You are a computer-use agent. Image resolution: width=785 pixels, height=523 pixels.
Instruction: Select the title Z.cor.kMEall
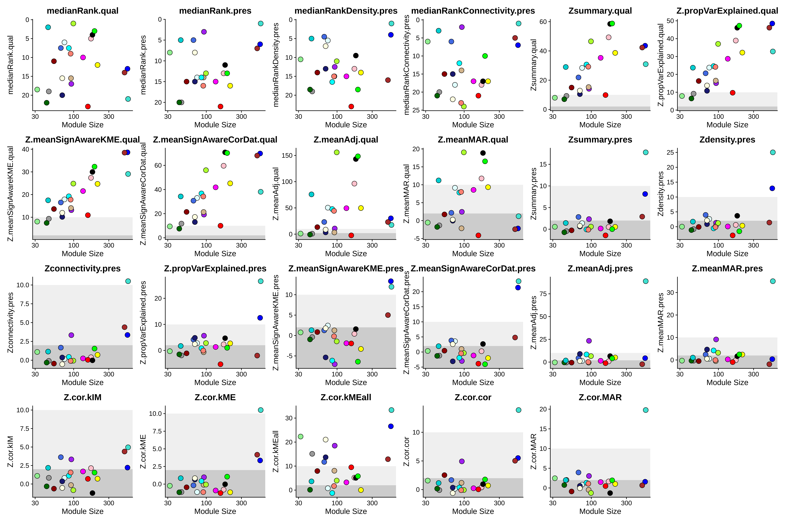[346, 397]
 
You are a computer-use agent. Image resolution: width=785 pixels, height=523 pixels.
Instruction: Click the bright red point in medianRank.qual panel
[88, 106]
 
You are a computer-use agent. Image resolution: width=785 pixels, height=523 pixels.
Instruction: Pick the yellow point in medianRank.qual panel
[97, 65]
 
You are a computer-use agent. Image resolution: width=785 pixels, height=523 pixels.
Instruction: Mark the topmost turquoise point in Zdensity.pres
[773, 152]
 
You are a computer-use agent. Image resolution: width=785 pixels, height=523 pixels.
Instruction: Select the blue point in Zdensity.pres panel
[772, 188]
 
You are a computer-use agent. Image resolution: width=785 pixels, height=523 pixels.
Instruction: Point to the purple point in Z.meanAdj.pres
[589, 341]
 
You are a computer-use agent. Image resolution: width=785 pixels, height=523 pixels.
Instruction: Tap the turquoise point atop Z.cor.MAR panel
[645, 410]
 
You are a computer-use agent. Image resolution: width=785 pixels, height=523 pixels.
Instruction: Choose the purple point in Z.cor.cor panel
[462, 461]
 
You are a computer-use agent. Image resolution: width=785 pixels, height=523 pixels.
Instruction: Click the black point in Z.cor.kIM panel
[92, 493]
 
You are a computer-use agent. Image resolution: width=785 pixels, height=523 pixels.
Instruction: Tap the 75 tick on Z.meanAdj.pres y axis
[543, 294]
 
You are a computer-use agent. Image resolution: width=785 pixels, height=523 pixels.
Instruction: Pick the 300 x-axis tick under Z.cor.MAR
[626, 503]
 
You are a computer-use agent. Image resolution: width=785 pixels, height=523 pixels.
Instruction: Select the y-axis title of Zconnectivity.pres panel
[10, 323]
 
